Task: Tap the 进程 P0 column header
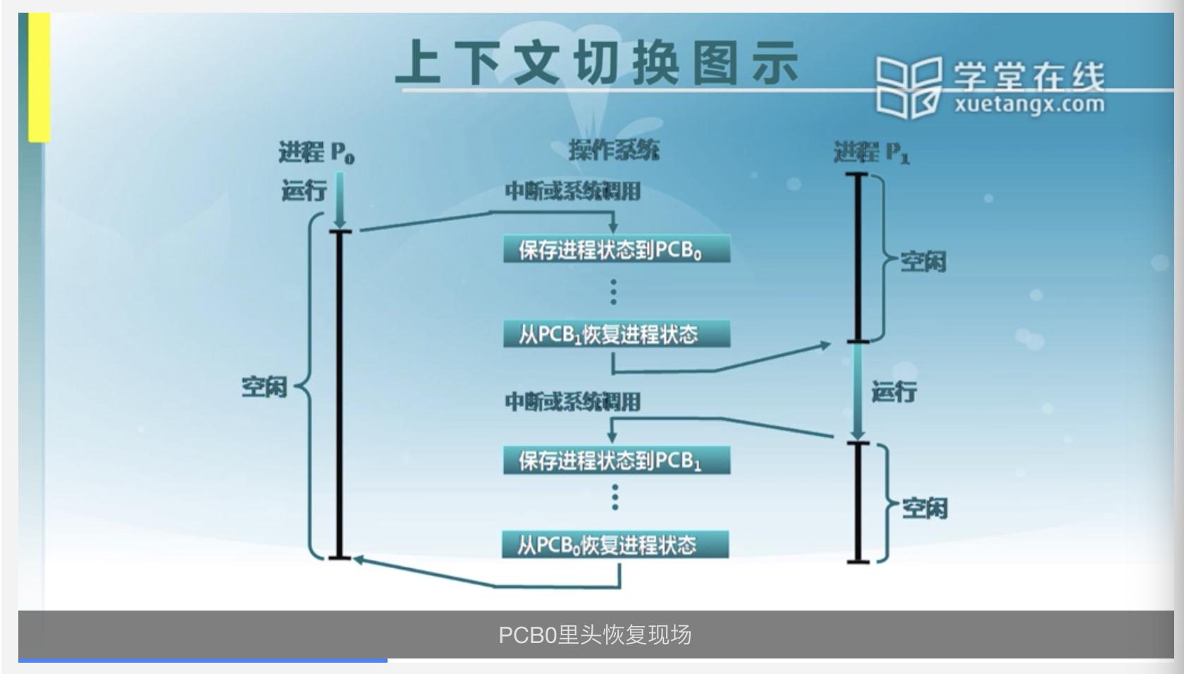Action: (x=316, y=152)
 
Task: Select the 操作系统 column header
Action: (x=614, y=150)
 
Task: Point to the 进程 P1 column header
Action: (x=871, y=152)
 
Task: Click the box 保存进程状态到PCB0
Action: (x=616, y=250)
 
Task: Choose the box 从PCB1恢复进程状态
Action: (x=616, y=334)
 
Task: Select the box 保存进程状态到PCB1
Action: (x=616, y=460)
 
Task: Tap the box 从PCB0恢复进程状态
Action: (x=615, y=545)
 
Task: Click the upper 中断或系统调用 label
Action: (x=572, y=191)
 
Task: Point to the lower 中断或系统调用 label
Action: (x=572, y=402)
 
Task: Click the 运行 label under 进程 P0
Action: (x=304, y=190)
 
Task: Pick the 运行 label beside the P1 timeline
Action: (x=894, y=391)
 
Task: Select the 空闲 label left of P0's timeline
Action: (x=264, y=386)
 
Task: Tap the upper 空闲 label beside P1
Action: (x=923, y=262)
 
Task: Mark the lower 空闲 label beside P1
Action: (x=925, y=508)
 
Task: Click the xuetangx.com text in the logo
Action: (x=1029, y=106)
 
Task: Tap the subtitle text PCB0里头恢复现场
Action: (x=595, y=635)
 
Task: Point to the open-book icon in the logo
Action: (x=908, y=87)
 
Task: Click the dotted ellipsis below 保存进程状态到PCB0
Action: (x=614, y=292)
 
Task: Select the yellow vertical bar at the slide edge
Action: (x=39, y=78)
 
